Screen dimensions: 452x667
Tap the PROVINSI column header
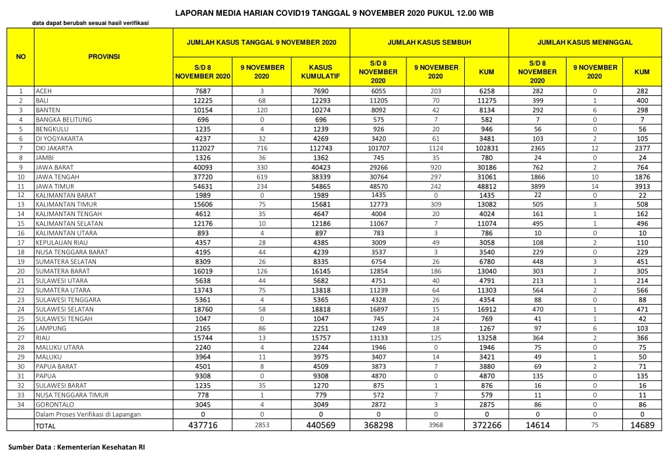click(104, 57)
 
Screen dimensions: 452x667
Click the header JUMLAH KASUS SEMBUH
click(429, 42)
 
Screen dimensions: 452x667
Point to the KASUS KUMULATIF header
click(320, 72)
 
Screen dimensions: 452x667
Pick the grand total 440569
click(320, 426)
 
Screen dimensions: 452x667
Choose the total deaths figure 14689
click(641, 426)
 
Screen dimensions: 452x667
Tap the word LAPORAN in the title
click(194, 13)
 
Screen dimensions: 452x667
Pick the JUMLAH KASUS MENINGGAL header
click(585, 42)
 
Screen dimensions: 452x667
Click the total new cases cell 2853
click(262, 426)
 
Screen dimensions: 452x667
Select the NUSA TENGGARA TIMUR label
click(69, 395)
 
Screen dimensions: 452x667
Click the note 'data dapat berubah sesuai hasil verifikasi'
click(91, 24)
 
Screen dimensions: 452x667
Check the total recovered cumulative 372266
click(486, 426)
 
